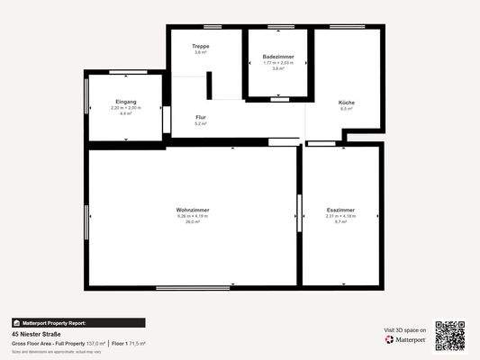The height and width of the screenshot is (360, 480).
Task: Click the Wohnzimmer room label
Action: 193,211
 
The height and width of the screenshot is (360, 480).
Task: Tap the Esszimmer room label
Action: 340,211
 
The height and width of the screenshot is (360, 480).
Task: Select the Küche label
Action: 347,103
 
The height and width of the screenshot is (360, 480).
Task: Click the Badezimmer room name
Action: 277,56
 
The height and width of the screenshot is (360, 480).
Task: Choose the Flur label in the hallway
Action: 201,117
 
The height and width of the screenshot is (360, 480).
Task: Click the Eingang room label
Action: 126,102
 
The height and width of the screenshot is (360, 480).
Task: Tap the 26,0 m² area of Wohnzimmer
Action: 193,221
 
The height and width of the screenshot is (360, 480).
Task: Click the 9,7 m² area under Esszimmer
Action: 340,221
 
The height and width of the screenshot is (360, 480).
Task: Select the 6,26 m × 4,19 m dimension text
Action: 193,216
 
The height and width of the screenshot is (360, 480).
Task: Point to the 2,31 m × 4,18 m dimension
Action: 340,216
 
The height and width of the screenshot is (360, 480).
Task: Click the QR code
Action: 450,337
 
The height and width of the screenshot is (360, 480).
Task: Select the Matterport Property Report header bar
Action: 77,322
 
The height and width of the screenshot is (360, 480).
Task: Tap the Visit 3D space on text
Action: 404,330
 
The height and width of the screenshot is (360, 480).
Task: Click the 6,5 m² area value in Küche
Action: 347,109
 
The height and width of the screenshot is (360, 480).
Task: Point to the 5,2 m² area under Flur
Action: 201,123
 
